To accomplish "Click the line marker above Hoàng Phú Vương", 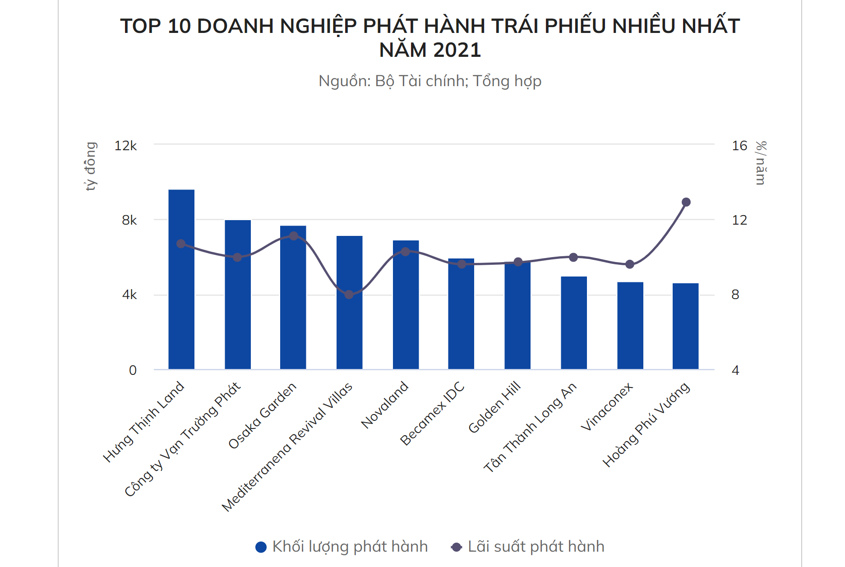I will coord(686,202).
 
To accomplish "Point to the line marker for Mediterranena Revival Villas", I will coord(349,295).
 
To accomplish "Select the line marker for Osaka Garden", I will coord(293,236).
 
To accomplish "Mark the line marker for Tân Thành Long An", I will coord(573,258).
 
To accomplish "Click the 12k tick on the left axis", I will coord(125,146).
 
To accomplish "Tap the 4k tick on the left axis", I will coord(129,295).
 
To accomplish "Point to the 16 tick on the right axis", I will coord(739,146).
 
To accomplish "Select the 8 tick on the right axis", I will coord(735,295).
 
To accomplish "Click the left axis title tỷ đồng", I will coord(91,166).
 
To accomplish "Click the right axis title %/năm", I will coord(761,163).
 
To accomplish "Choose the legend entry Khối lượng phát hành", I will coord(342,547).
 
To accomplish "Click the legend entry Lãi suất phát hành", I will coord(528,547).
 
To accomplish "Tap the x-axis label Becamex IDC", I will coord(432,413).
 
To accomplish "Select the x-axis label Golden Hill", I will coord(494,407).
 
